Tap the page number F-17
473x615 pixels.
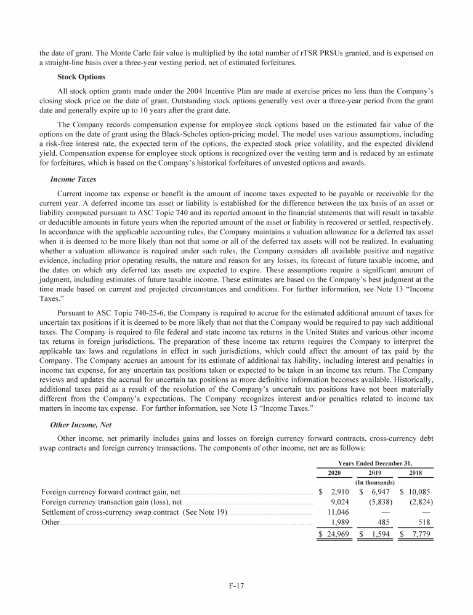tap(236, 585)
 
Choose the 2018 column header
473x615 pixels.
tap(416, 473)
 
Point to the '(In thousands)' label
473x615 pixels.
tap(376, 483)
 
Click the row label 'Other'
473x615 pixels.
tap(50, 522)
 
